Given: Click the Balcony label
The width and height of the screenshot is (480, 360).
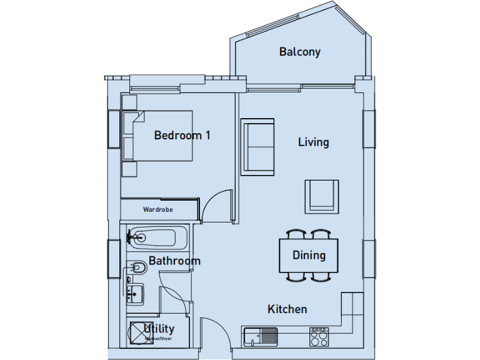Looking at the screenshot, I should pos(299,52).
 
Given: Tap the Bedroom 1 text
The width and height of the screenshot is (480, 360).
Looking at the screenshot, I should pos(182,135).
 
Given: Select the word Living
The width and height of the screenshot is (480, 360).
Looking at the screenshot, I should pos(313,142).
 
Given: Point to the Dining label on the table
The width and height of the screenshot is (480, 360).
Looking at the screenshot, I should pos(309,255).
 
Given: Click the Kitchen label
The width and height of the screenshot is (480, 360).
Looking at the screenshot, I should pos(287,309).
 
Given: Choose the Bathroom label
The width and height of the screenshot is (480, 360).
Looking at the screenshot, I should pos(174,261).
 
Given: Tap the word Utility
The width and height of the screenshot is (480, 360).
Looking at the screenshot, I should pos(159,329).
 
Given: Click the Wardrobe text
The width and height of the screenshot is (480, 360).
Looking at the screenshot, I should pos(157,210).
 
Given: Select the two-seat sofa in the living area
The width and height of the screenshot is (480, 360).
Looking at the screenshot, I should pos(257,145).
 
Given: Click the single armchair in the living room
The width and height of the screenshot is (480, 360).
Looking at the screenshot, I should pos(322,195).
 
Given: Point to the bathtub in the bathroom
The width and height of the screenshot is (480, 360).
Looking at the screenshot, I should pos(159,237).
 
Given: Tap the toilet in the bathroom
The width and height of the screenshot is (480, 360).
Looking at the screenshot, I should pos(139,269).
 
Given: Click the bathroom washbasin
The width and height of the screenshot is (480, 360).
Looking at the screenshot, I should pos(135,292).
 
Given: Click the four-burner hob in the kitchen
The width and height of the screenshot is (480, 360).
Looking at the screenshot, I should pos(319,336).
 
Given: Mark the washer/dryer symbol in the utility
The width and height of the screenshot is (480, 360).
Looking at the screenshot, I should pos(137,332).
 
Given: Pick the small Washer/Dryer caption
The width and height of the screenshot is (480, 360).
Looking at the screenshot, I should pos(159,339).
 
